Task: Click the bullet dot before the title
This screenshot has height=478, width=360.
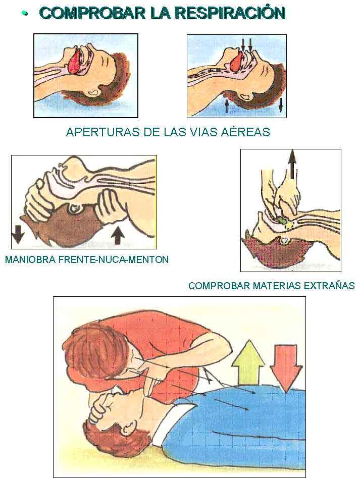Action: [24, 13]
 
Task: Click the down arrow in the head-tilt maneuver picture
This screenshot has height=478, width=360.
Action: [18, 234]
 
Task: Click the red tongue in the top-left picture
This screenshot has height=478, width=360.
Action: [76, 63]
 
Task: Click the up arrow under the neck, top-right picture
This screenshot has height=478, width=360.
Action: [227, 105]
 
